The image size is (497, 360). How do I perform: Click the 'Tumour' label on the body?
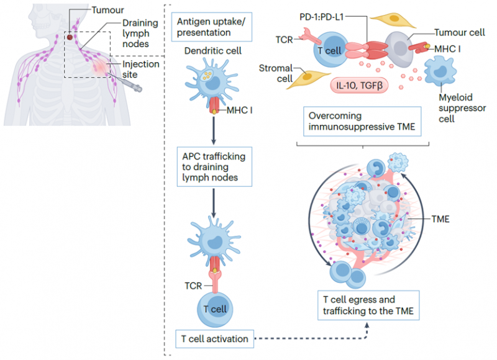point(108,11)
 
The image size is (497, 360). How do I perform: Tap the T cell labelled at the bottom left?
point(211,308)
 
